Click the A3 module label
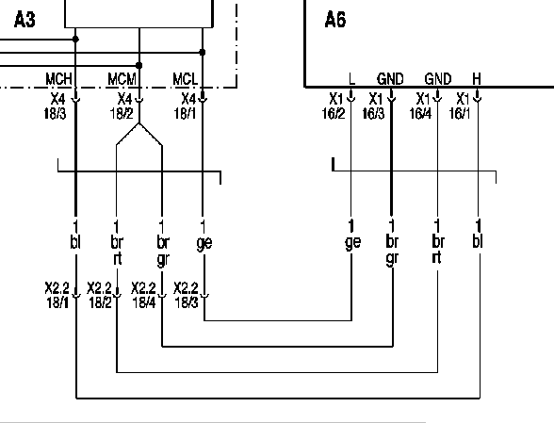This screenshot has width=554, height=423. (x=24, y=20)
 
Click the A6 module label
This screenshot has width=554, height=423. (x=335, y=20)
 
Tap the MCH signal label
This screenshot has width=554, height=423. (x=58, y=79)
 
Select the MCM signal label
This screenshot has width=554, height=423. (x=122, y=79)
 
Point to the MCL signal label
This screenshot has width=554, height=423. (x=185, y=79)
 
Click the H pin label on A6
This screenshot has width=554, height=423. (x=477, y=78)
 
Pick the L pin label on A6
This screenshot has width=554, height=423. (x=351, y=78)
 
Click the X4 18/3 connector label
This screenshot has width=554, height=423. (x=56, y=106)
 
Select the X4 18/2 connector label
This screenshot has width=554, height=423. (x=122, y=106)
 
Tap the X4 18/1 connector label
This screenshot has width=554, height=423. (x=185, y=106)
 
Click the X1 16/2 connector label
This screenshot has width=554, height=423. (x=334, y=106)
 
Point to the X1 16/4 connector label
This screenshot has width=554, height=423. (x=421, y=106)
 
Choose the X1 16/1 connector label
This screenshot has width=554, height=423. (x=460, y=106)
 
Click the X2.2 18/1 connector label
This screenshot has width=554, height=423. (x=57, y=295)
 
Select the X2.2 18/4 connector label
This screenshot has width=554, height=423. (x=143, y=295)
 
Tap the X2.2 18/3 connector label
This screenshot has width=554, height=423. (x=187, y=295)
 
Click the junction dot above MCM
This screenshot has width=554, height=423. (x=138, y=65)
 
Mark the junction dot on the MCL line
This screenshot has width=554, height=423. (x=202, y=53)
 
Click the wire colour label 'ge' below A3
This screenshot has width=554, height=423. (x=204, y=243)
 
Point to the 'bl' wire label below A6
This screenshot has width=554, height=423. (x=478, y=241)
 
